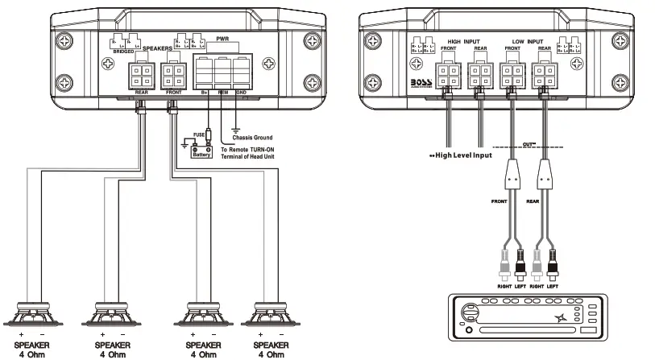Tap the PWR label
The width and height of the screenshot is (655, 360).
pyautogui.click(x=222, y=38)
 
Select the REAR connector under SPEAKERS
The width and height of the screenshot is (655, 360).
pyautogui.click(x=141, y=77)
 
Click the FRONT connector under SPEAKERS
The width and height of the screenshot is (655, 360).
pyautogui.click(x=173, y=77)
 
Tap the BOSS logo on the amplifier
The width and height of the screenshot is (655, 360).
pyautogui.click(x=422, y=82)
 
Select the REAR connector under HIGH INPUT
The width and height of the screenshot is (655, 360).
pyautogui.click(x=480, y=77)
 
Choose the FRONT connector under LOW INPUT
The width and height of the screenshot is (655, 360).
pyautogui.click(x=512, y=77)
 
